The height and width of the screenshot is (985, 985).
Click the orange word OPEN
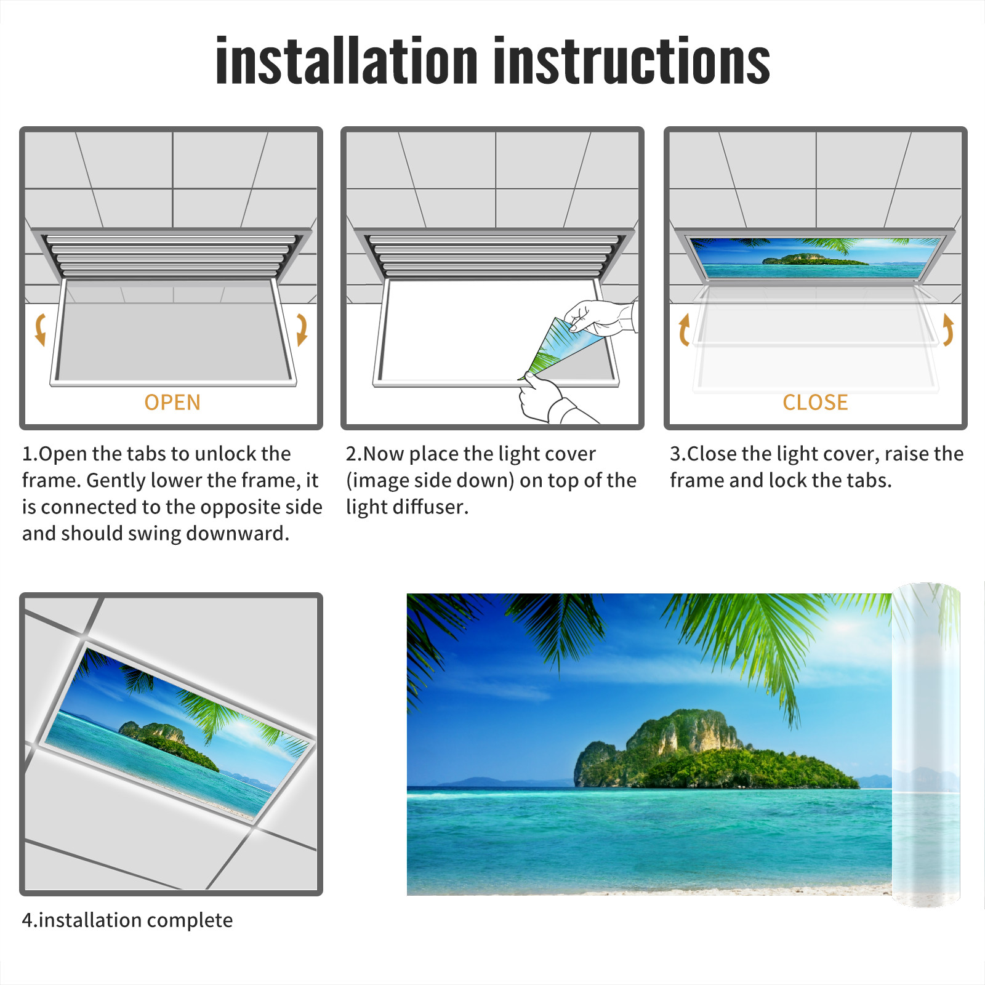pyautogui.click(x=172, y=403)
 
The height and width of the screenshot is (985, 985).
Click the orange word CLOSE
pyautogui.click(x=815, y=403)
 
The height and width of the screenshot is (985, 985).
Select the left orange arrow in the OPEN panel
pyautogui.click(x=40, y=329)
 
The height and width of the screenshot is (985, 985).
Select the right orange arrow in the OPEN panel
pyautogui.click(x=302, y=329)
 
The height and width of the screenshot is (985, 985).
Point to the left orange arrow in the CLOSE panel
pyautogui.click(x=683, y=329)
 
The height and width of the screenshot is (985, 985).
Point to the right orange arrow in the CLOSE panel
pyautogui.click(x=948, y=329)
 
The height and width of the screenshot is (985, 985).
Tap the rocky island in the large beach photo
pyautogui.click(x=714, y=751)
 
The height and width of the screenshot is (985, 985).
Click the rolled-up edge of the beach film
pyautogui.click(x=927, y=745)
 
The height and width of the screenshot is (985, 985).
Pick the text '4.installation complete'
pyautogui.click(x=127, y=920)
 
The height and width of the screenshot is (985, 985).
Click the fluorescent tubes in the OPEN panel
pyautogui.click(x=171, y=255)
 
